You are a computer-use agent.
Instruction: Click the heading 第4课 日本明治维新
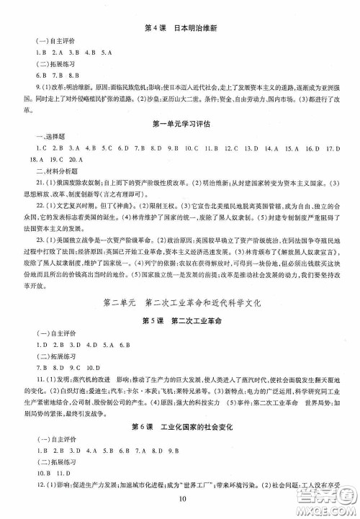point(180,28)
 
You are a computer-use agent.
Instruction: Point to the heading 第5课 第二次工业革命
point(180,320)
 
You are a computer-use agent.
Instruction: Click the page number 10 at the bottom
point(180,501)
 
